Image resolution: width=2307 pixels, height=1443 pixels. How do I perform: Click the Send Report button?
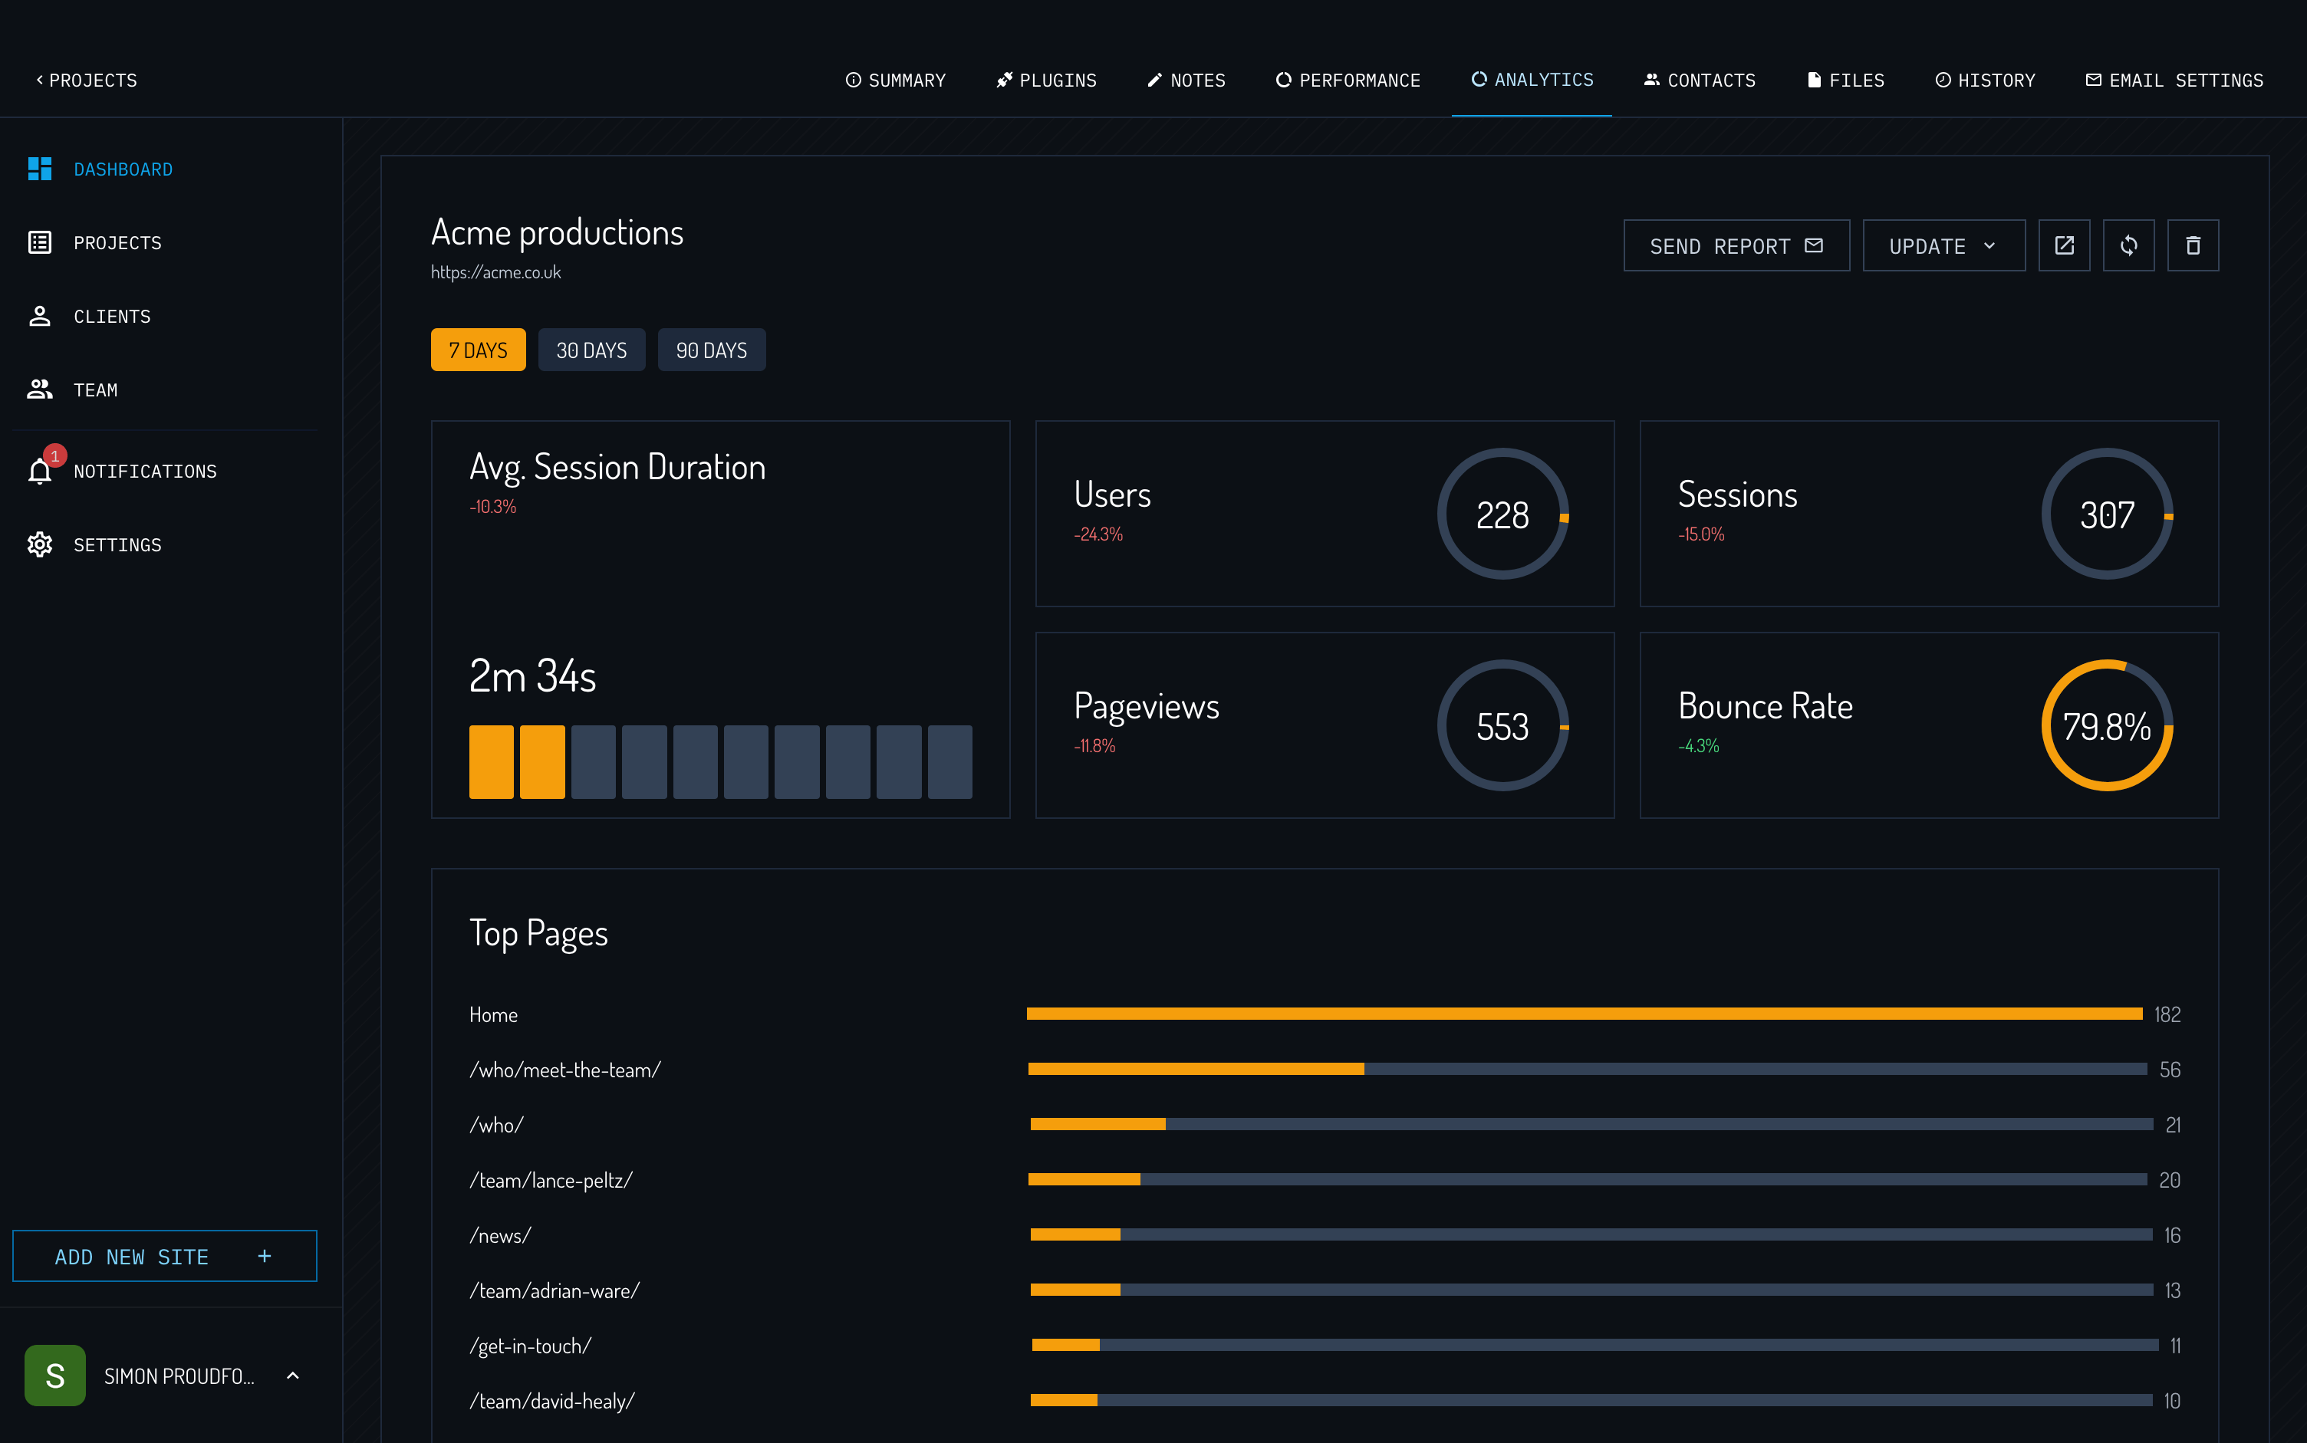1736,246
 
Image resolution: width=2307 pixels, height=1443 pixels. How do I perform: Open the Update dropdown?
1943,246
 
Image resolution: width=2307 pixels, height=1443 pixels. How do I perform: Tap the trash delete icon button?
2193,246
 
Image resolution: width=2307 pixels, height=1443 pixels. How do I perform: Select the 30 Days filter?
591,350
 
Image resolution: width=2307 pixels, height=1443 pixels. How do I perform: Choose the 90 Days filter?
711,350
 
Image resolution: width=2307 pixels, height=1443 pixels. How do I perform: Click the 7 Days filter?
477,350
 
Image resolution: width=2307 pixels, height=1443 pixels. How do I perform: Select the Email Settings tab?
2174,81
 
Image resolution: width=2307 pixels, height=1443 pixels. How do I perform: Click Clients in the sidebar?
112,317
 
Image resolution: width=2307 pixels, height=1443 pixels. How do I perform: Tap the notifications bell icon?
40,471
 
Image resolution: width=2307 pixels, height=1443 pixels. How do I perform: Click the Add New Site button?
164,1256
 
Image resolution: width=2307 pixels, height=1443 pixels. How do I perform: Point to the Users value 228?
1502,515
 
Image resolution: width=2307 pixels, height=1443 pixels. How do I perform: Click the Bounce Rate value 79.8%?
2107,726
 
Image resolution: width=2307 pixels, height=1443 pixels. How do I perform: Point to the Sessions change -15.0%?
1701,534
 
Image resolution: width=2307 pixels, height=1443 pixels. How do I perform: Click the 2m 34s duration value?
532,675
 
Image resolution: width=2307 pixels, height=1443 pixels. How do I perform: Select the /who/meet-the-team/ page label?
565,1070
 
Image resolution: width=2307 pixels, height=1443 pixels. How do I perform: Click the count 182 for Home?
2167,1014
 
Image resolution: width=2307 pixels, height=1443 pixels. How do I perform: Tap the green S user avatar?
55,1376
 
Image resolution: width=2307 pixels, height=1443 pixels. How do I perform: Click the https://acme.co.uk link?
495,273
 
